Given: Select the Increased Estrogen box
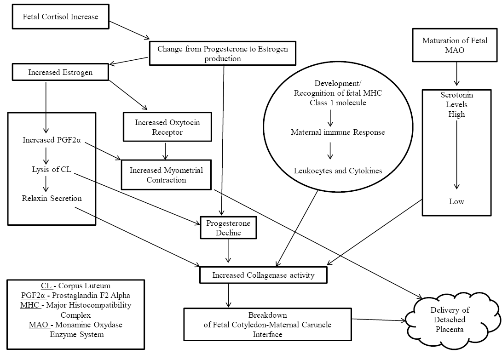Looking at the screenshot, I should pyautogui.click(x=60, y=73).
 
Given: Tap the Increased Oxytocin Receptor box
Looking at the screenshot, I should pyautogui.click(x=167, y=127).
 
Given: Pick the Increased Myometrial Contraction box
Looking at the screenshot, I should pyautogui.click(x=166, y=175).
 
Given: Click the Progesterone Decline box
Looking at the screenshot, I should pyautogui.click(x=222, y=228).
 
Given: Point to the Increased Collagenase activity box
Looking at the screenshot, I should pyautogui.click(x=263, y=275).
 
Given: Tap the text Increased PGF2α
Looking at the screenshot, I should pyautogui.click(x=52, y=140).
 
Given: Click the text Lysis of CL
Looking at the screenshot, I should pyautogui.click(x=46, y=169).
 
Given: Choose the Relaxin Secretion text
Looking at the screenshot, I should pyautogui.click(x=52, y=199).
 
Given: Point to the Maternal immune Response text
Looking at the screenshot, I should pyautogui.click(x=338, y=132).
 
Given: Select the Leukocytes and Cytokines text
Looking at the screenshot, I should pyautogui.click(x=338, y=171).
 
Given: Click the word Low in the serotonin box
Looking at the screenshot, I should pyautogui.click(x=456, y=201).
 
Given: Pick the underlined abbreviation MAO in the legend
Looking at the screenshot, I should pyautogui.click(x=38, y=325).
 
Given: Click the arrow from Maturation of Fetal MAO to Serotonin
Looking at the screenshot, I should pyautogui.click(x=456, y=74).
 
